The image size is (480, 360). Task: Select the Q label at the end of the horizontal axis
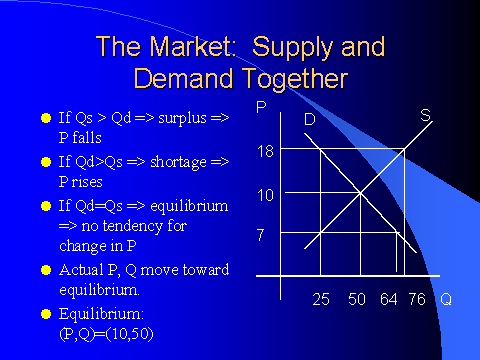point(445,299)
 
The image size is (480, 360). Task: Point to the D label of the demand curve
point(310,119)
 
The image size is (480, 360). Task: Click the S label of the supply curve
point(425,116)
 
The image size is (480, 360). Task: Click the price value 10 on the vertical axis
point(265,194)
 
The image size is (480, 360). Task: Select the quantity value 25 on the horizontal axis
point(321,299)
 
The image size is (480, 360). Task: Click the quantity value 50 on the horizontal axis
point(355,299)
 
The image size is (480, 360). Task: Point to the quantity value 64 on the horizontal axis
point(388,299)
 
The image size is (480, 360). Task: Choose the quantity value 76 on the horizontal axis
point(417,299)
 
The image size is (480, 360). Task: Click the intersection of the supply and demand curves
point(360,193)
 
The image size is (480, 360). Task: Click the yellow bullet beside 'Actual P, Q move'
point(45,269)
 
